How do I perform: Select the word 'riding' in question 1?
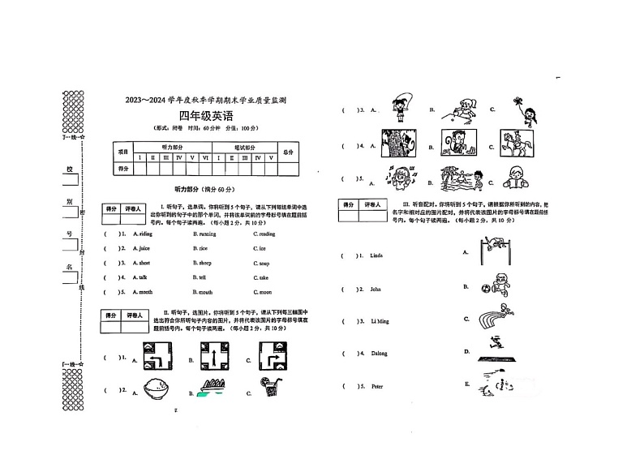pos(144,234)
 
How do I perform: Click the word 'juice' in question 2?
pos(144,248)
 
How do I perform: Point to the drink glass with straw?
pos(273,388)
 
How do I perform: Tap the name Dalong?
pos(378,354)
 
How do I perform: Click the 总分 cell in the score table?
pos(288,152)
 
